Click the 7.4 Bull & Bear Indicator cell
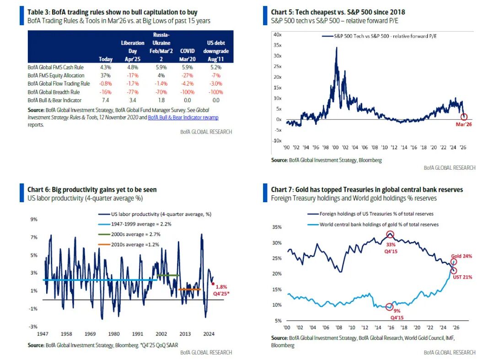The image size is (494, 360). point(106,100)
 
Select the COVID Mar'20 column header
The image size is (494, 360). point(188,55)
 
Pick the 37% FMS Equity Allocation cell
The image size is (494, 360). point(105,75)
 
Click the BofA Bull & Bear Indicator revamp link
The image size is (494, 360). point(183,118)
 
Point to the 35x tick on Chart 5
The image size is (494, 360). point(277,45)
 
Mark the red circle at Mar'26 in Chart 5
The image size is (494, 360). point(464,117)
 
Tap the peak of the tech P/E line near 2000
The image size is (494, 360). point(337,48)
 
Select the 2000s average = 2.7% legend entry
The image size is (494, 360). point(135,234)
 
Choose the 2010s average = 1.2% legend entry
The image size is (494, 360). point(135,245)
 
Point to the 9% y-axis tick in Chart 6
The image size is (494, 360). point(34,219)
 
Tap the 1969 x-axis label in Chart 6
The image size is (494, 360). point(91,333)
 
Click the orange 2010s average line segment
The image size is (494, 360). point(189,289)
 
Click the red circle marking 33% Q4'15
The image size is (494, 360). point(390,235)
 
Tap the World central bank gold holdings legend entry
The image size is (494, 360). point(379,225)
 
